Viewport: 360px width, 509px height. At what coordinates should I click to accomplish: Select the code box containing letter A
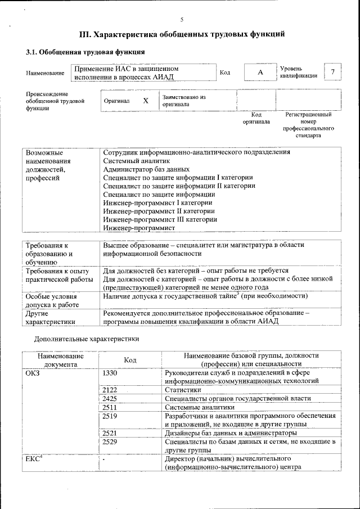click(x=260, y=73)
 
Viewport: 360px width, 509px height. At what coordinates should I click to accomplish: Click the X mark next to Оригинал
click(x=146, y=101)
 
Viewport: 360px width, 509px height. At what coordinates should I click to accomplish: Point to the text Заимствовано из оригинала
click(x=184, y=101)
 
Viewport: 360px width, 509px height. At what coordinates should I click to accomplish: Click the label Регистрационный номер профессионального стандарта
click(x=308, y=125)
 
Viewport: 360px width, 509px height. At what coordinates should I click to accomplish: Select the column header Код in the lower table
click(x=130, y=359)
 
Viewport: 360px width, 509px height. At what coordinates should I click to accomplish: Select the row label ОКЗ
click(x=33, y=372)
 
